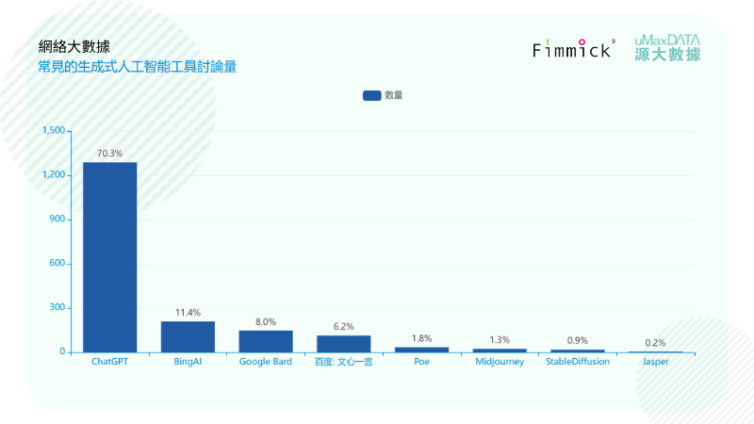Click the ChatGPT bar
click(x=109, y=257)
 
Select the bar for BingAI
click(x=188, y=336)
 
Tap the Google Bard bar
click(x=266, y=341)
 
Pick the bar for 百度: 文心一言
click(x=343, y=343)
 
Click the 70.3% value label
click(x=109, y=153)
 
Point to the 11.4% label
click(x=188, y=312)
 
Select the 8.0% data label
click(x=266, y=321)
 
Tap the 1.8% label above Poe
click(x=421, y=338)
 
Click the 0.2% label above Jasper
click(x=655, y=343)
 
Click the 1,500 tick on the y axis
click(x=53, y=131)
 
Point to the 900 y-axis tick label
click(x=57, y=220)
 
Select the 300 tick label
click(x=57, y=308)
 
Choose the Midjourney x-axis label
click(x=500, y=362)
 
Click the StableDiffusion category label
click(x=577, y=362)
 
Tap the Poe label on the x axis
click(x=421, y=362)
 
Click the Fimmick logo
click(x=573, y=49)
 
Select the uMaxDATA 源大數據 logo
click(x=667, y=48)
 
